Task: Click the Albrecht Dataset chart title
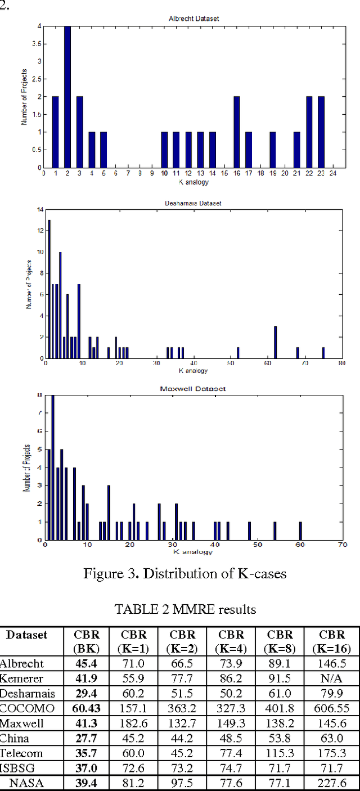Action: [x=194, y=19]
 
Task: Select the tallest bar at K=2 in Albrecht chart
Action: [x=67, y=97]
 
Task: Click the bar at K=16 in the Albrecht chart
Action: [x=236, y=132]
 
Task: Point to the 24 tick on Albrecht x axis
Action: [x=332, y=173]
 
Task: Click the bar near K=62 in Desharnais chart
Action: [x=275, y=342]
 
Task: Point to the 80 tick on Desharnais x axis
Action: [x=341, y=363]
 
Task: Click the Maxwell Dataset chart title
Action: [x=193, y=389]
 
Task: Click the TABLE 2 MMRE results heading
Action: [x=185, y=609]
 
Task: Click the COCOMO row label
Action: [x=22, y=709]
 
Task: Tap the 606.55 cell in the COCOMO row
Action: [x=331, y=709]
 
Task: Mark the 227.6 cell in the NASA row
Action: [x=331, y=783]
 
